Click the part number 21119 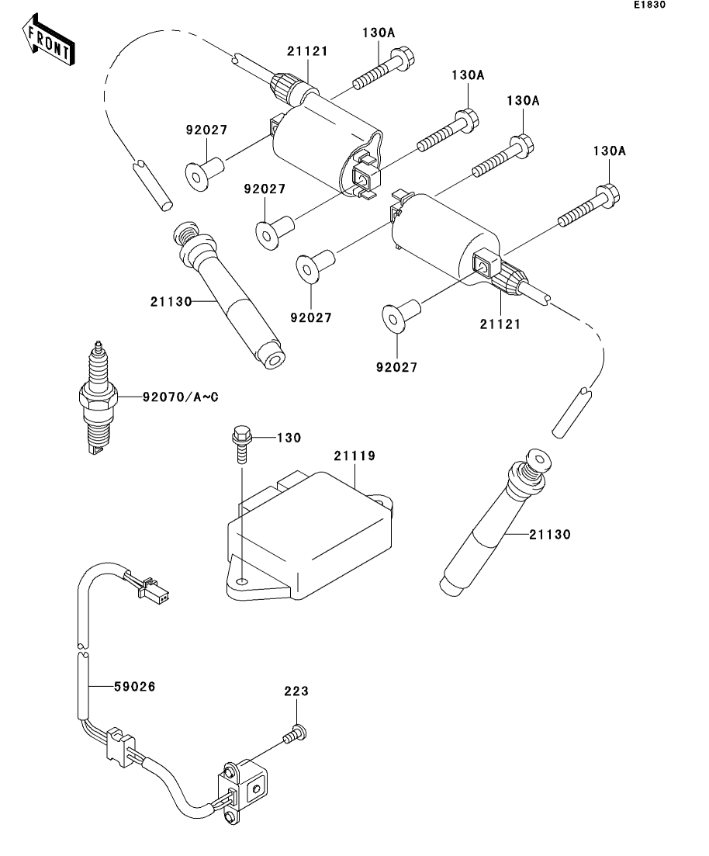coord(354,456)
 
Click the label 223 coord(296,691)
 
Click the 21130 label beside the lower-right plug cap coord(550,534)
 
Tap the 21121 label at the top coord(307,51)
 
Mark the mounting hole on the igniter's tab coord(242,581)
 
